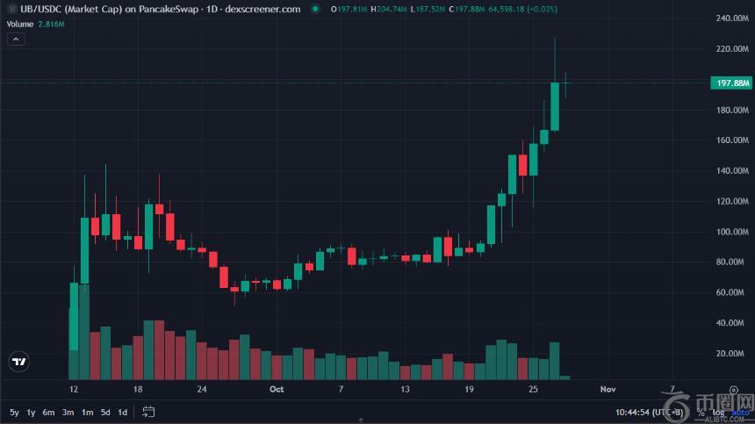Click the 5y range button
(14, 412)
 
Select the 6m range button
(49, 412)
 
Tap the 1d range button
(122, 412)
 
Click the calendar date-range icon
(148, 412)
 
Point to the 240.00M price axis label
(730, 18)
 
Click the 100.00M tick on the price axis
(730, 232)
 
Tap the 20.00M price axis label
(732, 354)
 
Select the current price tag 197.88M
(730, 83)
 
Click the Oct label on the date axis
(277, 388)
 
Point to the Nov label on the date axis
(608, 388)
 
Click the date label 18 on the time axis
(138, 388)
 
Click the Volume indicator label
(20, 24)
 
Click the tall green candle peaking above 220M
(555, 105)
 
